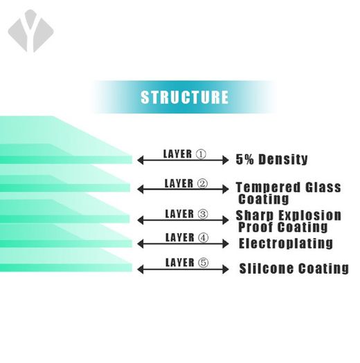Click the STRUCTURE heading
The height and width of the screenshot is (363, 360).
[185, 97]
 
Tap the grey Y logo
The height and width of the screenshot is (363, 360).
[31, 31]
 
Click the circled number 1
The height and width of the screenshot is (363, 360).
[201, 154]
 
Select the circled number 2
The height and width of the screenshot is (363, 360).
[202, 184]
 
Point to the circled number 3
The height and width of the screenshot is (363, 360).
[203, 214]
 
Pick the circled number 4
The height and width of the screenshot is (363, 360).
[204, 238]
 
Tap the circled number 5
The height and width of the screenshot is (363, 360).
[204, 263]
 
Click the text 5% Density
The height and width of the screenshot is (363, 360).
[271, 159]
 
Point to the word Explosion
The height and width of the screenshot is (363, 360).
[309, 215]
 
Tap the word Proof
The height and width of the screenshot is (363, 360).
[255, 227]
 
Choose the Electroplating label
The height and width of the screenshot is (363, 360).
[286, 243]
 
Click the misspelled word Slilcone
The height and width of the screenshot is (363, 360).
[267, 268]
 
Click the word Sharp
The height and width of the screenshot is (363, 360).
[255, 215]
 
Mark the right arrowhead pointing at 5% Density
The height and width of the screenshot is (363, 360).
[226, 160]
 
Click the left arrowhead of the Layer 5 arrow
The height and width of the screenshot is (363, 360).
[141, 270]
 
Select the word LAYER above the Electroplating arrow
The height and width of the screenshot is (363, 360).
[180, 238]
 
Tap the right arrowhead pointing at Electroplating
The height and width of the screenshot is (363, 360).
[226, 244]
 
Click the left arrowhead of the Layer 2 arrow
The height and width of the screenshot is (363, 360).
[141, 189]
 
